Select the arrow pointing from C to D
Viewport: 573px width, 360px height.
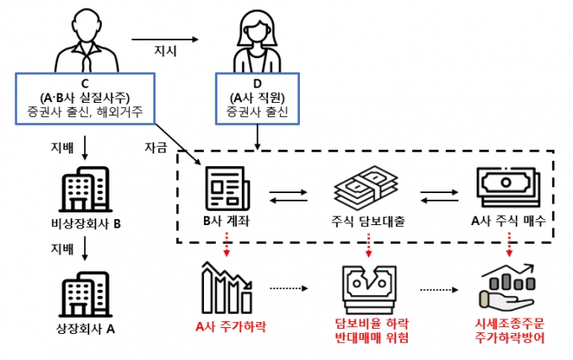pyautogui.click(x=166, y=37)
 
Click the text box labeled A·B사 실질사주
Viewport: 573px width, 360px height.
pyautogui.click(x=84, y=97)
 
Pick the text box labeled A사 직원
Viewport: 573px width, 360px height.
pyautogui.click(x=256, y=97)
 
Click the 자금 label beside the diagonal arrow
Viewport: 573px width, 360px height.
pyautogui.click(x=155, y=148)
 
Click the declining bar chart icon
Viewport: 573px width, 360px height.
pyautogui.click(x=226, y=286)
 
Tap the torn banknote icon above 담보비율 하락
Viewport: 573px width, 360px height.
pyautogui.click(x=369, y=286)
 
